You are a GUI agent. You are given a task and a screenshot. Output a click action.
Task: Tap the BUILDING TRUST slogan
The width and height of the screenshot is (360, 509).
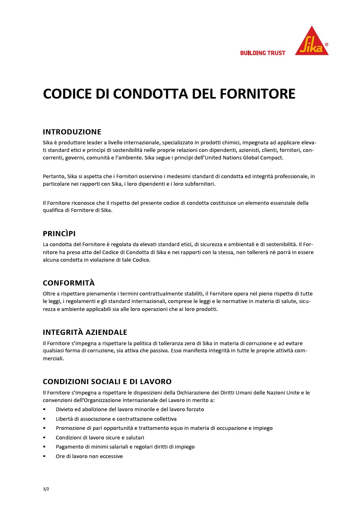point(263,53)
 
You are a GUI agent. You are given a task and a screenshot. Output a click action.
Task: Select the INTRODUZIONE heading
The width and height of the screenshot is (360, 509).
point(72,132)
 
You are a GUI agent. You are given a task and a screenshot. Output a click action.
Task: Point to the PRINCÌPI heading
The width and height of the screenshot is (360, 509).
point(59,234)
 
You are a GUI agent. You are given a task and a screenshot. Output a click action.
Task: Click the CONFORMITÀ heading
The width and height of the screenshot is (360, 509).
point(69,283)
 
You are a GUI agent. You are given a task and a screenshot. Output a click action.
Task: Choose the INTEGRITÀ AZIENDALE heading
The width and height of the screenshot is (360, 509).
point(85,332)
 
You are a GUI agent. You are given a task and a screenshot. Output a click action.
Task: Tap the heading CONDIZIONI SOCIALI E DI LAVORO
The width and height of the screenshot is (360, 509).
point(107,382)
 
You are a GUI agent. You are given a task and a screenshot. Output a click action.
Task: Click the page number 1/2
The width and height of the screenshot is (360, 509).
point(46,489)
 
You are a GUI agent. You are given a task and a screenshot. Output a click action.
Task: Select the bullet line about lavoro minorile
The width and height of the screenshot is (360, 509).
point(130,409)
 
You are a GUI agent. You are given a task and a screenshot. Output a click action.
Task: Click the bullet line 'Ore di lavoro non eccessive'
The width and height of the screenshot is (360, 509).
point(89,456)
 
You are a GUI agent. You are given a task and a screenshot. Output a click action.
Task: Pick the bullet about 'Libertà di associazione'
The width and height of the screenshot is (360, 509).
point(116,419)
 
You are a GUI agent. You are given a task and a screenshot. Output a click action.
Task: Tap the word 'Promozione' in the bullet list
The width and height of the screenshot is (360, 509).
point(70,428)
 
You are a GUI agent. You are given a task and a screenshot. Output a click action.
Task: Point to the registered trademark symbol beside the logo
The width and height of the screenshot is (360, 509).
point(327,45)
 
